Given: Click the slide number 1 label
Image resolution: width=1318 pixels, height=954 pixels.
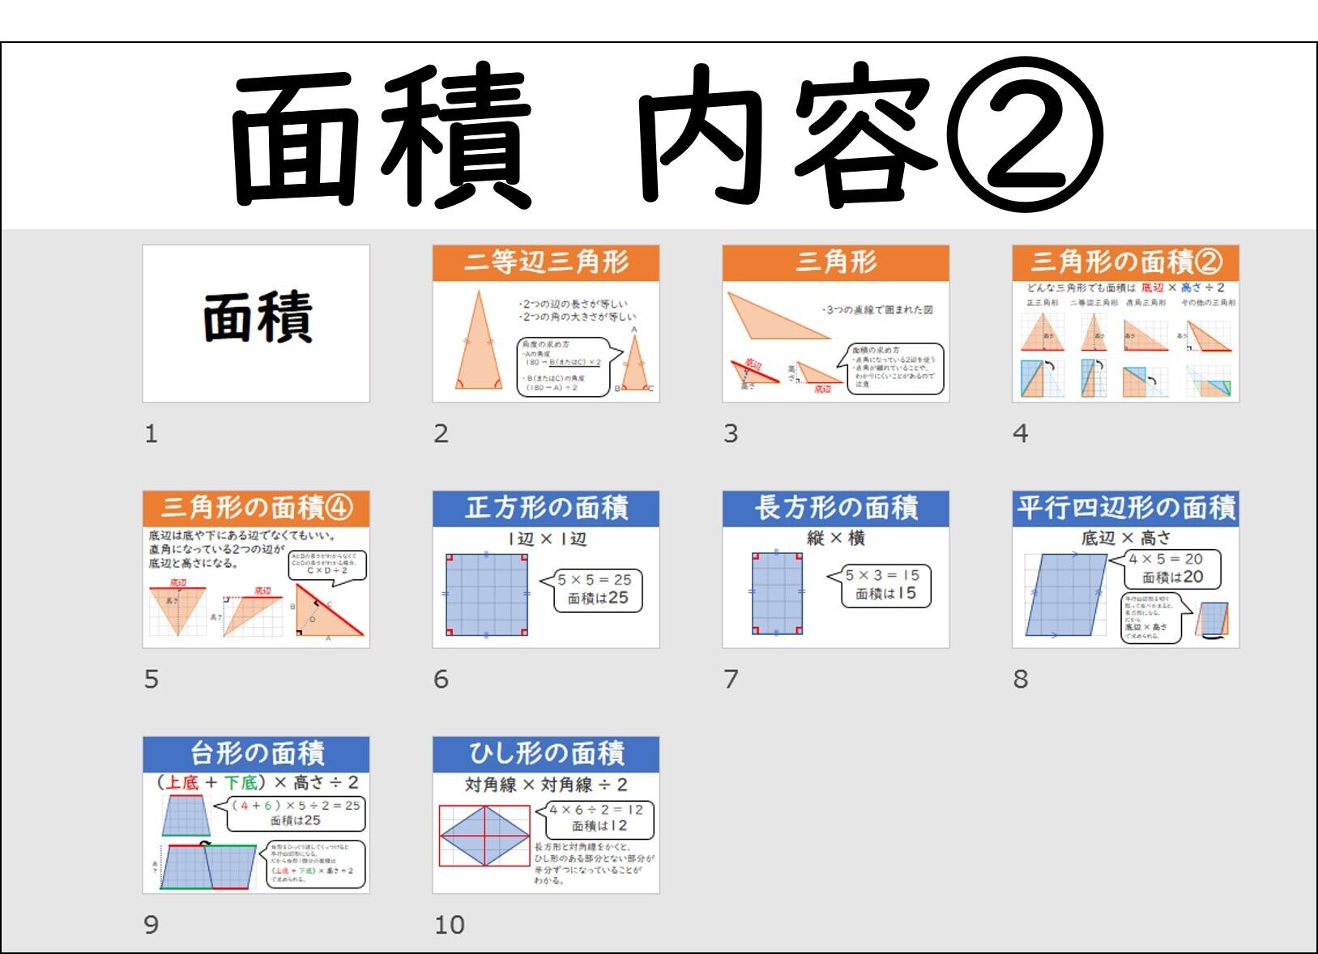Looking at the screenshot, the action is click(151, 434).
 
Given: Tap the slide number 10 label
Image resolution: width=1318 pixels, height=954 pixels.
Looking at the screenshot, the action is click(450, 924).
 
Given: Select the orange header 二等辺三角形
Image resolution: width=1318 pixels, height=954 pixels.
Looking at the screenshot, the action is click(545, 262).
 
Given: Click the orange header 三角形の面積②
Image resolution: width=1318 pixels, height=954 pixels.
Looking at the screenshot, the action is click(1125, 262).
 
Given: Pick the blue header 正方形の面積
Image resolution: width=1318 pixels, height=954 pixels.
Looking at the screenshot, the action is click(545, 509).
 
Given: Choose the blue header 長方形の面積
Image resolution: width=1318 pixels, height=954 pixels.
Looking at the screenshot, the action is click(835, 509).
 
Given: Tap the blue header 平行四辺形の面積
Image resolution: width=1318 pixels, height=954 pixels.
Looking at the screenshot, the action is click(1125, 509).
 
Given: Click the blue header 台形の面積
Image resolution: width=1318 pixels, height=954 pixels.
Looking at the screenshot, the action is click(256, 754).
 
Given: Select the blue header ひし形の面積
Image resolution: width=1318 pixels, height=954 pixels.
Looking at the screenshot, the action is click(545, 754).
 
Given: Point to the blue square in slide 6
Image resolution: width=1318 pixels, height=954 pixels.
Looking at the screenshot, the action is click(486, 594).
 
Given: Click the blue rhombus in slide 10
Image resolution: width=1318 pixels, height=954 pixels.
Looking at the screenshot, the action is click(484, 834).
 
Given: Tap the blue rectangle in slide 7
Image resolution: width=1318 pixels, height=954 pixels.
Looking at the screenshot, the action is click(777, 593).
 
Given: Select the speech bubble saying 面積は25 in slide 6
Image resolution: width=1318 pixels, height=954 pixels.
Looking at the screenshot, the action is click(597, 590).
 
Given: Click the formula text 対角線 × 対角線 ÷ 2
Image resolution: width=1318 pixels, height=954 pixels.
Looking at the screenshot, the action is click(545, 785).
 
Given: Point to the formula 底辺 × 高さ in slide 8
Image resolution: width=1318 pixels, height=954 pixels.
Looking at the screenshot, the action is click(1125, 538).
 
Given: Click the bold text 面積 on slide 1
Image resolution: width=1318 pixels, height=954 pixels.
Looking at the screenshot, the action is click(256, 317).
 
